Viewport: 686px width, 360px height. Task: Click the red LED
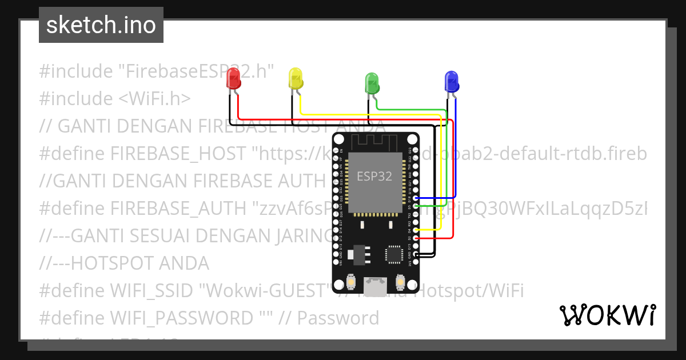coord(233,78)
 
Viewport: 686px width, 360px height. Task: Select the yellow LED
coord(296,78)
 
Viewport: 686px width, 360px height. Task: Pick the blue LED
coord(452,81)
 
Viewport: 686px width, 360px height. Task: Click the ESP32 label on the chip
coord(374,176)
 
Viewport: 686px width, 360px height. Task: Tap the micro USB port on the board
coord(376,283)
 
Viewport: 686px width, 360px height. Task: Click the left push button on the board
coord(351,282)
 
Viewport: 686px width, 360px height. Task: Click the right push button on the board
coord(400,282)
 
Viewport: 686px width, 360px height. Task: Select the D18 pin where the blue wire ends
coord(416,197)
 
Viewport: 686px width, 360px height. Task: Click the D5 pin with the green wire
coord(416,205)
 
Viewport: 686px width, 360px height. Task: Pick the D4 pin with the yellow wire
coord(416,230)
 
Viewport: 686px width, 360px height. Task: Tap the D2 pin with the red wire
coord(416,238)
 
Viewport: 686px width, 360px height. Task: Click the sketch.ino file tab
coord(101,25)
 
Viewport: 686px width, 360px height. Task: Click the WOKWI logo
coord(607,315)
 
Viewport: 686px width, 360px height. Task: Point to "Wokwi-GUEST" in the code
coord(265,290)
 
